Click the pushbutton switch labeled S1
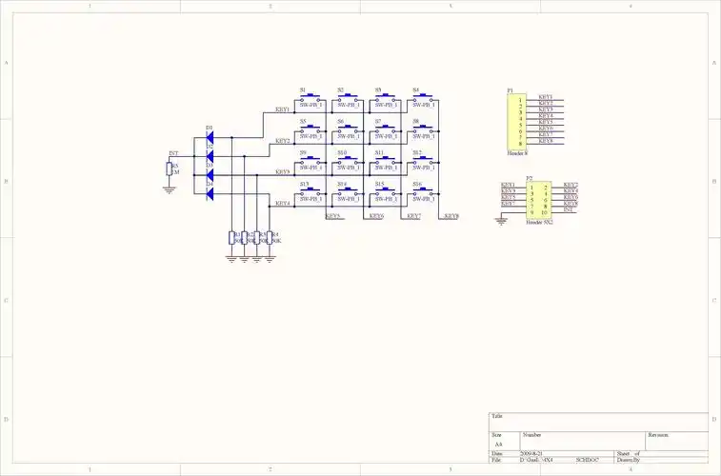click(x=310, y=98)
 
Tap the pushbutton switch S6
click(x=349, y=129)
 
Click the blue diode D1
click(x=210, y=137)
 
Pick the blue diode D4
click(x=210, y=193)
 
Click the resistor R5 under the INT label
click(x=170, y=169)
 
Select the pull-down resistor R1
click(x=233, y=238)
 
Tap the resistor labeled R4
click(x=270, y=238)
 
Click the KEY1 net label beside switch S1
click(x=282, y=109)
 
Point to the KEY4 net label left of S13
click(x=282, y=203)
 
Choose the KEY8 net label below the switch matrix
click(x=451, y=216)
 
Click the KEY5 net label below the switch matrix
click(x=333, y=216)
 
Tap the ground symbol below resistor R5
click(x=170, y=188)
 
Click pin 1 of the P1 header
click(x=520, y=98)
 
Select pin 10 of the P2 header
click(x=545, y=211)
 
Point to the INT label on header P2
click(x=569, y=209)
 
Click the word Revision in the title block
click(x=659, y=435)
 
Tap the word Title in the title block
click(x=497, y=416)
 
